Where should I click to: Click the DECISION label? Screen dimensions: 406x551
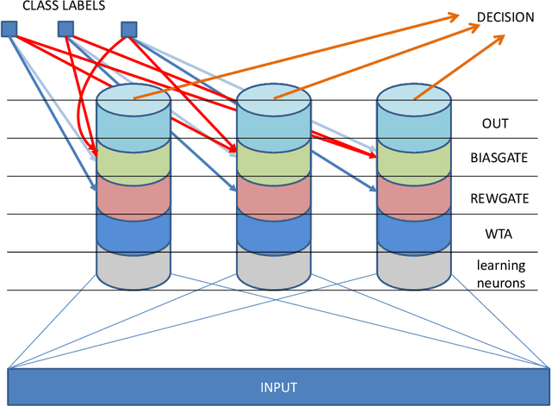[x=505, y=17]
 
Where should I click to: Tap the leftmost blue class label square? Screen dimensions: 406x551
[x=9, y=30]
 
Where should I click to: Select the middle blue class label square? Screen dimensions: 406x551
[x=66, y=30]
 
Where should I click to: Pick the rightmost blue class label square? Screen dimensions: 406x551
[x=128, y=30]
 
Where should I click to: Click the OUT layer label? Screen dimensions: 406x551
[x=494, y=123]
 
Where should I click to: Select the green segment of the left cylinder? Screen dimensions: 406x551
[x=133, y=159]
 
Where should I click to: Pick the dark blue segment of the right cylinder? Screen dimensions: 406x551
[x=413, y=231]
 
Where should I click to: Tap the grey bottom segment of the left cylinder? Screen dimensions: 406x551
[x=133, y=267]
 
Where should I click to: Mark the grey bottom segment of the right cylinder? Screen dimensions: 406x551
[x=413, y=267]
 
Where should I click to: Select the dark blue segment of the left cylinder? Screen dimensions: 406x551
[x=133, y=231]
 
